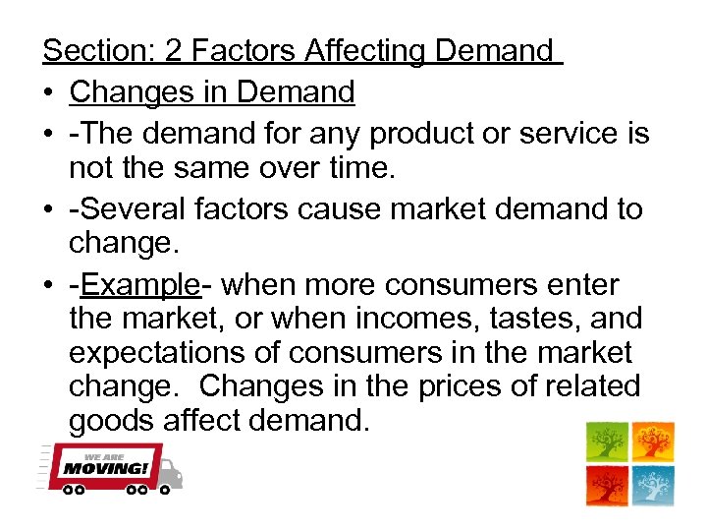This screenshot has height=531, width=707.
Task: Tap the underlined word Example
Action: click(140, 285)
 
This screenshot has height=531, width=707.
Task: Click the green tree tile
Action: click(607, 442)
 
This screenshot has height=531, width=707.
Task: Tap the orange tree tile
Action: click(653, 442)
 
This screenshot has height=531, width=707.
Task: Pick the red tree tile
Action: click(607, 486)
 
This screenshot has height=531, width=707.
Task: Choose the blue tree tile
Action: click(653, 486)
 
